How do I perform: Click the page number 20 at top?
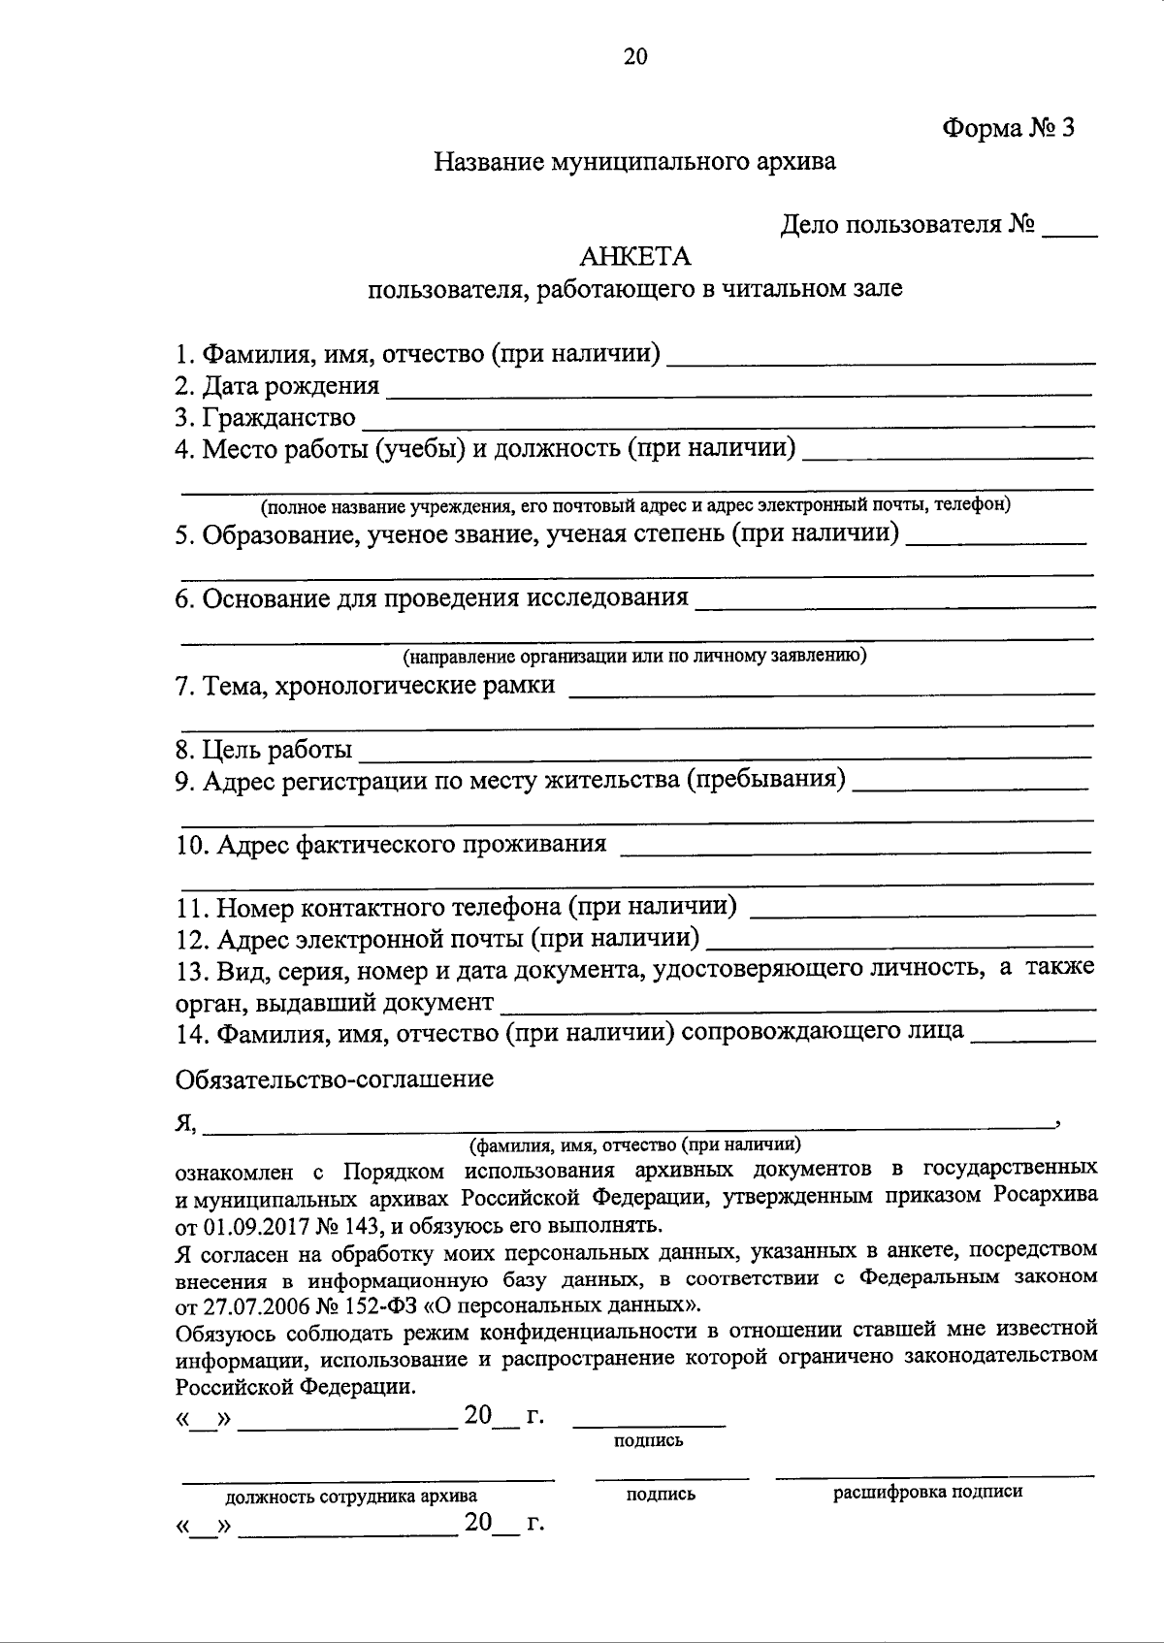(635, 57)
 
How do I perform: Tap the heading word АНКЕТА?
(635, 257)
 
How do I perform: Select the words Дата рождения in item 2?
(290, 386)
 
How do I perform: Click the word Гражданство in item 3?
(278, 418)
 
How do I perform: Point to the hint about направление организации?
(635, 657)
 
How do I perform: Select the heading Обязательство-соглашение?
(335, 1079)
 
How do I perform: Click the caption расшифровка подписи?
(928, 1492)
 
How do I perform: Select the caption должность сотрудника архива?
(351, 1497)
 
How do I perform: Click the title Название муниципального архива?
(635, 162)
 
